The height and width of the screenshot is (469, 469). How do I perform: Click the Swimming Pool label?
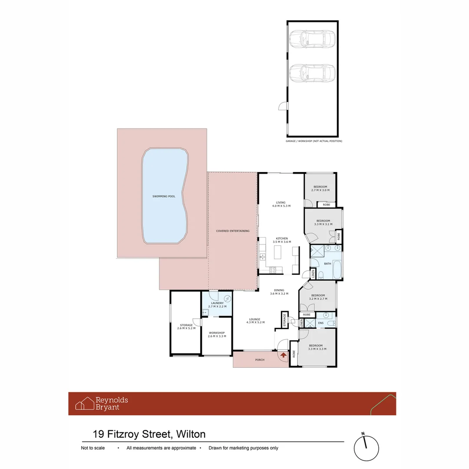click(164, 197)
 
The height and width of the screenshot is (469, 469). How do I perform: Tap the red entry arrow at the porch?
click(283, 355)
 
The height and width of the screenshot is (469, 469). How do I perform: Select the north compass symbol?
click(367, 448)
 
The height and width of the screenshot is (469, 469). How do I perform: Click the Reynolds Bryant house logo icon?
click(85, 403)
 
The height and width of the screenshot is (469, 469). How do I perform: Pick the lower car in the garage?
click(312, 73)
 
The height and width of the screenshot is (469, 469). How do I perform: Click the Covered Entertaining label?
click(233, 231)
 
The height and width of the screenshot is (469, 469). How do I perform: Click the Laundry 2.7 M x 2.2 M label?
click(217, 305)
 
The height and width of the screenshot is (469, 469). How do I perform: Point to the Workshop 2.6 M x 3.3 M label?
click(216, 334)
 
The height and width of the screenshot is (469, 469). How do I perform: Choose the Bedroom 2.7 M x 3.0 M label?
click(320, 188)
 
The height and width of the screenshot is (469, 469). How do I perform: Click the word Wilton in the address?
click(190, 434)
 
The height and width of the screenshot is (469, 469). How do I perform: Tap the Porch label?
click(259, 360)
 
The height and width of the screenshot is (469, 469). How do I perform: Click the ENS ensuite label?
click(320, 323)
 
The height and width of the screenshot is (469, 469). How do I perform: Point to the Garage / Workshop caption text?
click(314, 141)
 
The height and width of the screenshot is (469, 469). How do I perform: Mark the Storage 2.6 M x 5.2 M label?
click(186, 327)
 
